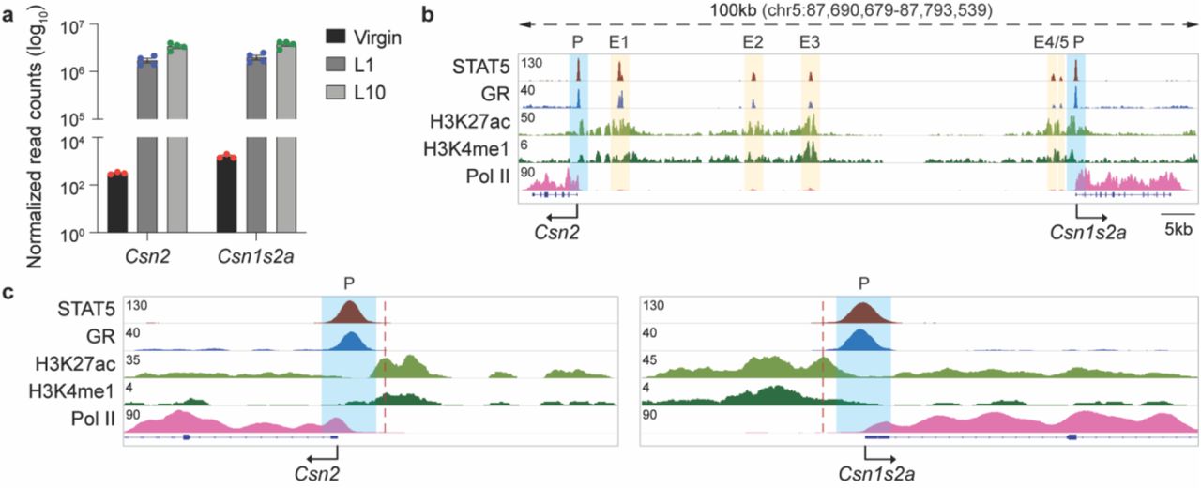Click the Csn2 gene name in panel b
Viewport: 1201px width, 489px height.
(557, 229)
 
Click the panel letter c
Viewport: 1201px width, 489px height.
(8, 291)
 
